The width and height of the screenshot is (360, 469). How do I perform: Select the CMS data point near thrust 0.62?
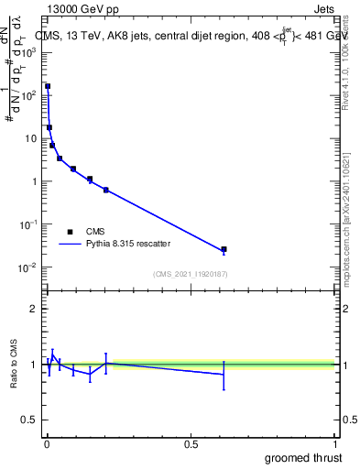pyautogui.click(x=224, y=249)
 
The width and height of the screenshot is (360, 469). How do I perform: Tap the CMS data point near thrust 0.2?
pyautogui.click(x=106, y=190)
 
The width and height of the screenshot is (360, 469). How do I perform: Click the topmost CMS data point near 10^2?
pyautogui.click(x=48, y=86)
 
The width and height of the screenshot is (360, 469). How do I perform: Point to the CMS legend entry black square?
pyautogui.click(x=70, y=232)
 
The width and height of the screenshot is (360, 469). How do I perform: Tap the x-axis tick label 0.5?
pyautogui.click(x=191, y=443)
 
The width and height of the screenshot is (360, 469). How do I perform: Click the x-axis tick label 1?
pyautogui.click(x=335, y=443)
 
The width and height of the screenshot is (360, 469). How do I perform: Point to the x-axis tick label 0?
pyautogui.click(x=47, y=443)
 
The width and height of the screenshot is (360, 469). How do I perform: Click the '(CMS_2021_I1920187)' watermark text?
pyautogui.click(x=190, y=273)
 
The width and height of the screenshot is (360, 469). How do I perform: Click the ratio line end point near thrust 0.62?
pyautogui.click(x=224, y=374)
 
